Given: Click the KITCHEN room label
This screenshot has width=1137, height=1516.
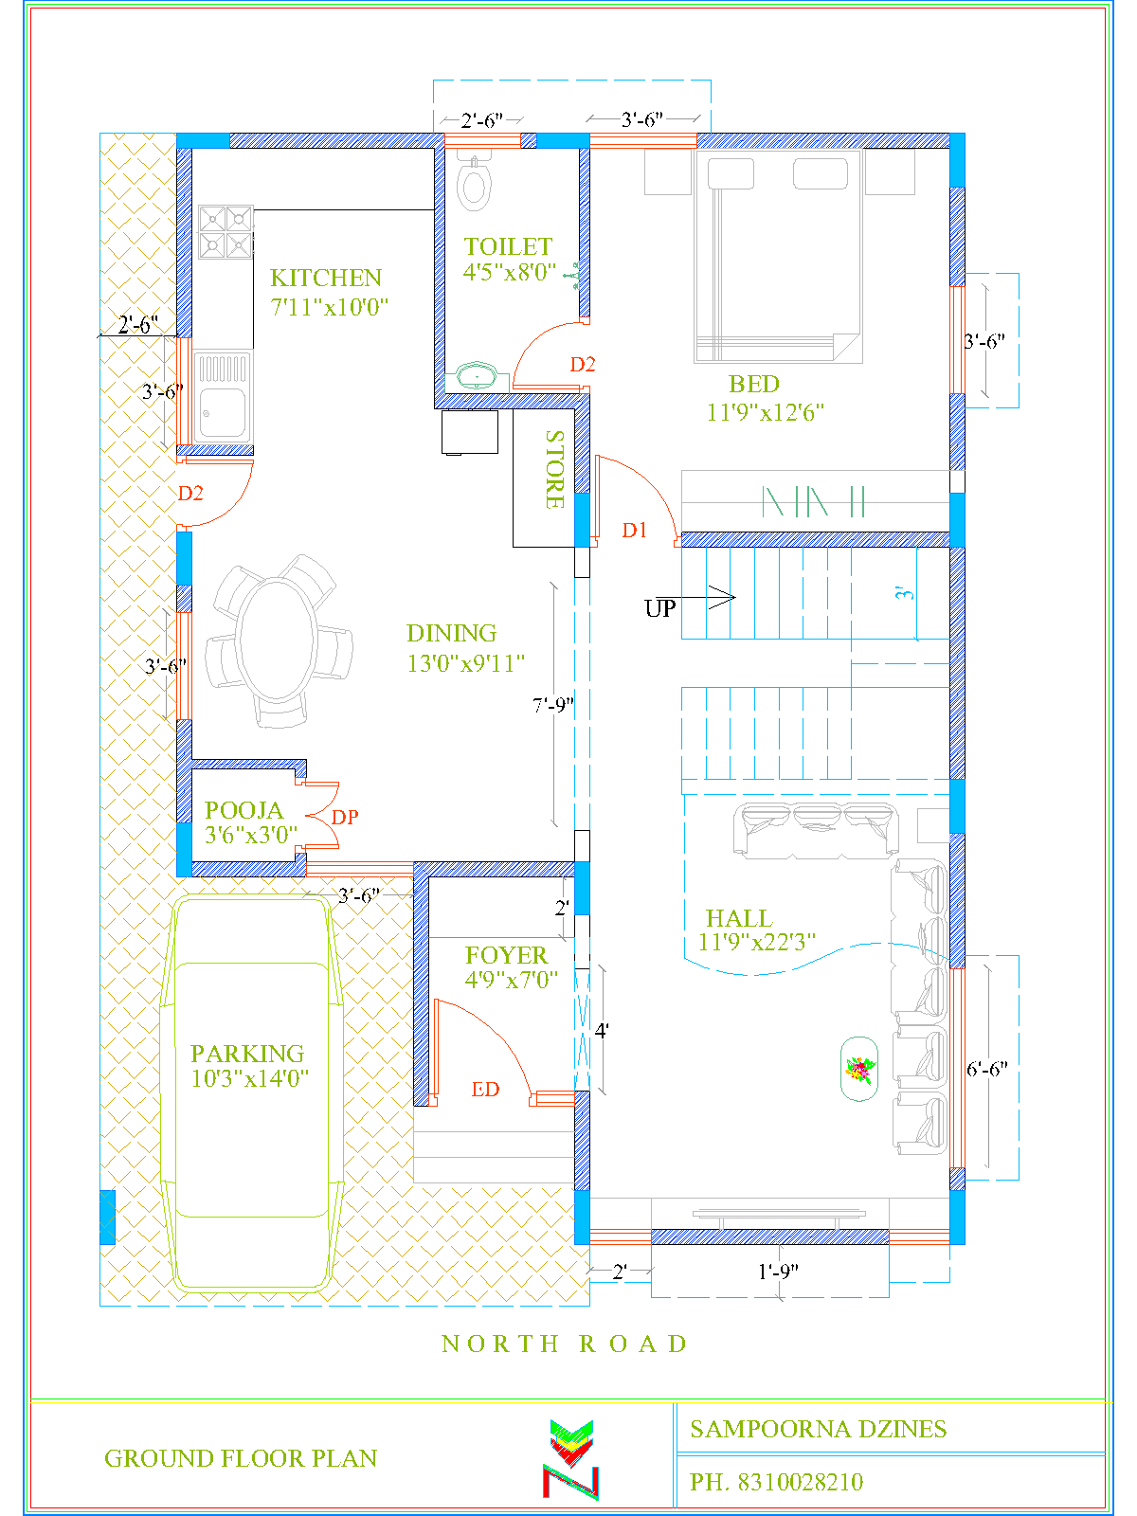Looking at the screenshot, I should pos(326,278).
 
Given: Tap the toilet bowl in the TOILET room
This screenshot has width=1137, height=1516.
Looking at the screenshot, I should pos(473,184).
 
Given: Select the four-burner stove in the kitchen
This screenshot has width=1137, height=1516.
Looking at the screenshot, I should pos(226,232).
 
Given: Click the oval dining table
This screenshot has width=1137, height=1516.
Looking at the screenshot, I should pos(276,640).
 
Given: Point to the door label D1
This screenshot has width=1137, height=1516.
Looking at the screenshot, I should pos(635,531).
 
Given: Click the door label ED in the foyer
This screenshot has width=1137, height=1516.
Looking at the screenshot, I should pos(485,1090).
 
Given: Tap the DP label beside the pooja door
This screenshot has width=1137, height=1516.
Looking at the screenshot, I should pos(345,817).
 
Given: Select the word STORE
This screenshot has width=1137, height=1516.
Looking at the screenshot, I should pos(555,469).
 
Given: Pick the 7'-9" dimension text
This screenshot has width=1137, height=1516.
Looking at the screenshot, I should pos(553,706).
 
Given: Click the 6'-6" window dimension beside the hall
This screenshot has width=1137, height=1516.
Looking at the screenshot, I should pos(986,1070).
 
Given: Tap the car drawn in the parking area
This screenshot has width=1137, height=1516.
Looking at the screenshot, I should pos(251,1090).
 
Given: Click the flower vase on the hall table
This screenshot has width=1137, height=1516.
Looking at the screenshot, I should pos(859,1070).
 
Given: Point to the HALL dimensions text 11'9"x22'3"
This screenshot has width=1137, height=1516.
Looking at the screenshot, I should pos(756,943).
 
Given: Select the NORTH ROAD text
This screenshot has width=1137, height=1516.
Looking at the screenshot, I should pos(565,1344).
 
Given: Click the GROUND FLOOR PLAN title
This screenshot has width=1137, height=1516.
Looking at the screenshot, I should pos(241,1458).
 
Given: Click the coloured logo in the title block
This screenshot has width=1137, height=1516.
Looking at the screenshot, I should pos(571,1459).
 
